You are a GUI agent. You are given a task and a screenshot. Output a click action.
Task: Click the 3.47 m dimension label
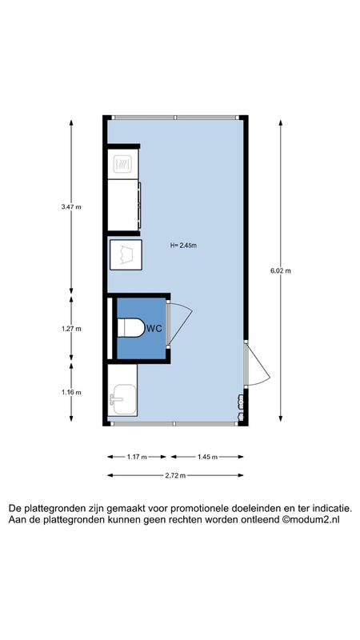click(71, 206)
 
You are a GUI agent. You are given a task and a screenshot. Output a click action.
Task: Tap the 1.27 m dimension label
click(71, 329)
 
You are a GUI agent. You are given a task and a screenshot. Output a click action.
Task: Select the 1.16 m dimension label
click(71, 392)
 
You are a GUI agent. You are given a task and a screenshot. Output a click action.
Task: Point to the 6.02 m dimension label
click(281, 270)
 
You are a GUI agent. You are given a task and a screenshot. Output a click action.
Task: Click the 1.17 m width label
click(137, 457)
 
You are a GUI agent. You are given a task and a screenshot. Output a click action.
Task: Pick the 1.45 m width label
click(207, 457)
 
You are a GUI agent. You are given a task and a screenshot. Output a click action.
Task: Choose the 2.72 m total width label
click(175, 475)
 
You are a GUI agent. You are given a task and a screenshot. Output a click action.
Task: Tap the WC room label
click(154, 328)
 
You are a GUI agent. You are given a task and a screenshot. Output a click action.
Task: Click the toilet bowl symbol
click(131, 328)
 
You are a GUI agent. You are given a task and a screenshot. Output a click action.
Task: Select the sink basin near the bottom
click(122, 399)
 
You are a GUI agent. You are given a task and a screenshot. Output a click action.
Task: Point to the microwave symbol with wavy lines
click(122, 164)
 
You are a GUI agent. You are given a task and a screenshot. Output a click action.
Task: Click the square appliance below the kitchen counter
click(126, 254)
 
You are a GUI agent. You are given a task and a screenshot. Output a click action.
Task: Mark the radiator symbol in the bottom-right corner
click(241, 407)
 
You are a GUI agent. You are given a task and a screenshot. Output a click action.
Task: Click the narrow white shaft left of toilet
click(110, 329)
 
